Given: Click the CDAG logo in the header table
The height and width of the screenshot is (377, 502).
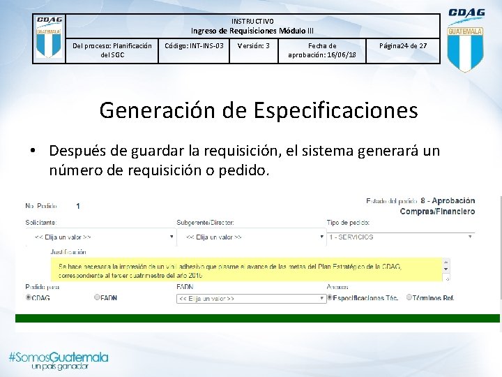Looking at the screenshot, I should pos(49,38).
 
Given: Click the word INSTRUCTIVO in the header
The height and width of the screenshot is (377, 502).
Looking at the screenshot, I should pos(252,21).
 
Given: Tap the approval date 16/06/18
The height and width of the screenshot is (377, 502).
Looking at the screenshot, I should pos(321,54).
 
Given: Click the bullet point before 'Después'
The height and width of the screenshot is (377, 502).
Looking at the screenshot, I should pos(32,151).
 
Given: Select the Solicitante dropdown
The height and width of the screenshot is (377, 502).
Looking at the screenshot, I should pos(101,237).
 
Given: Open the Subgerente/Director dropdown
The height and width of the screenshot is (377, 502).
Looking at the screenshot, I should pos(250,237).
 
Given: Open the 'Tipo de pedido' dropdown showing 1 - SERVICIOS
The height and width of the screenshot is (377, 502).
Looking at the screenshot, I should pos(401,237).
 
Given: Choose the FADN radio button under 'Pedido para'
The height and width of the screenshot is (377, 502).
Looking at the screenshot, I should pos(98,297).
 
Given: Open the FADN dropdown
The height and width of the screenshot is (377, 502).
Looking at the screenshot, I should pos(251,298).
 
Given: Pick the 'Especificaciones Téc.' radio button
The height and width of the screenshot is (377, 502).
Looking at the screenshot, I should pos(330,297).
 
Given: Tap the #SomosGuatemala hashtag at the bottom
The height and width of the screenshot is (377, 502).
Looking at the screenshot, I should pos(59,357).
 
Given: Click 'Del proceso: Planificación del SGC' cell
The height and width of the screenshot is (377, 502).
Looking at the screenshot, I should pos(112,50).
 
